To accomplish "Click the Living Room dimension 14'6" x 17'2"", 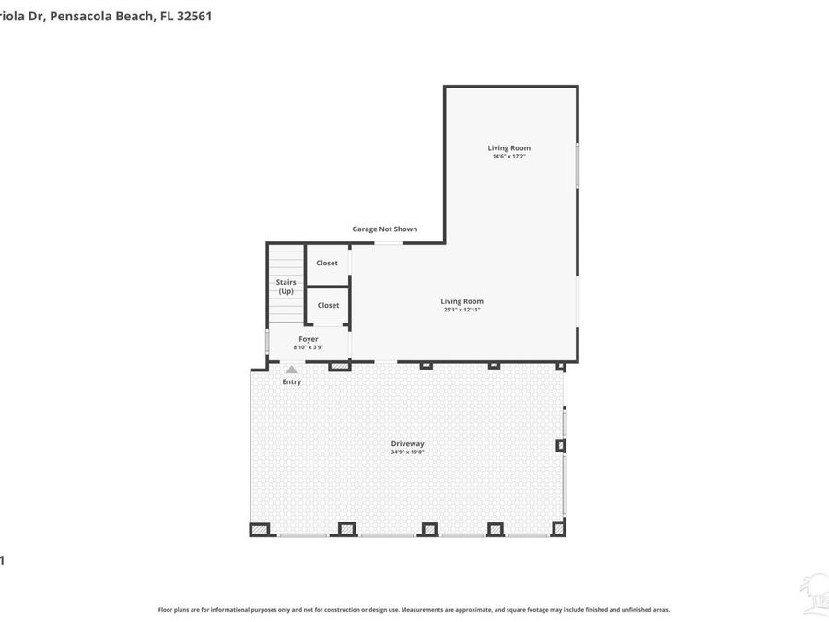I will (508, 157).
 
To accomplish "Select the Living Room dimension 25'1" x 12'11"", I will (461, 310).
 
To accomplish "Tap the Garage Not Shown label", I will (384, 229).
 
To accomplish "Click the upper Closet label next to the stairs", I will (327, 263).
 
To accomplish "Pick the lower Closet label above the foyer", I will (328, 305).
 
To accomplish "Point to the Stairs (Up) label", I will (286, 287).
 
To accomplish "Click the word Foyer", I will (308, 339).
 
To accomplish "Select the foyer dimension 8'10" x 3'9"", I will (308, 347).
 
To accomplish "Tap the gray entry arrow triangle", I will (291, 370).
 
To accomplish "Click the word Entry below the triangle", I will (291, 381).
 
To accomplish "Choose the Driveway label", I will (407, 443).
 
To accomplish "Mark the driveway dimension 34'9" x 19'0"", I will (407, 452).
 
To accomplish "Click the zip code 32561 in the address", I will (191, 16).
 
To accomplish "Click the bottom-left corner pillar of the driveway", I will (259, 529).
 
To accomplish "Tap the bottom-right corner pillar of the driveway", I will (558, 528).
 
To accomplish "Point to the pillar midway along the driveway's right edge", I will (560, 445).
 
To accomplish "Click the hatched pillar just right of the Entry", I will (340, 366).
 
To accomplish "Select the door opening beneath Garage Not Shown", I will (388, 243).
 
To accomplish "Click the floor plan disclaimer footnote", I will (414, 609).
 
